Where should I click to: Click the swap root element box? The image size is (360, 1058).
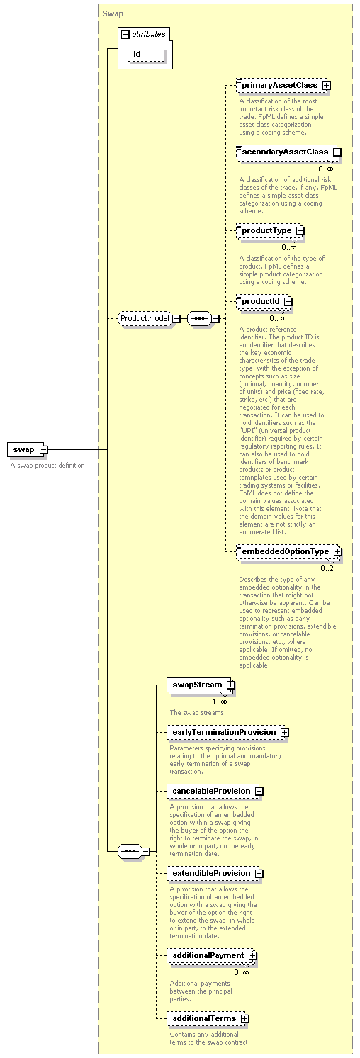pyautogui.click(x=27, y=449)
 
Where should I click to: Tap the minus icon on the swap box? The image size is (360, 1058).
pyautogui.click(x=43, y=450)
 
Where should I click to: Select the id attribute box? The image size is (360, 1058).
pyautogui.click(x=146, y=55)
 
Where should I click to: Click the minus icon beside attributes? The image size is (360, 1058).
pyautogui.click(x=125, y=35)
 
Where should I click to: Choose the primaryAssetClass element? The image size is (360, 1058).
pyautogui.click(x=281, y=86)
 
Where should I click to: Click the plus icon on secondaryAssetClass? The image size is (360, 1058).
pyautogui.click(x=337, y=152)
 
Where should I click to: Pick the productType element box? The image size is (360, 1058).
pyautogui.click(x=270, y=230)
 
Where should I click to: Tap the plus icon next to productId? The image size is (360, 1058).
pyautogui.click(x=288, y=301)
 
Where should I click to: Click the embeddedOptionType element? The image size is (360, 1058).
pyautogui.click(x=288, y=551)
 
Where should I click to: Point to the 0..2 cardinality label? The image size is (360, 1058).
pyautogui.click(x=327, y=568)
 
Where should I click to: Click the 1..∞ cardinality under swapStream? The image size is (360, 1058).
pyautogui.click(x=219, y=702)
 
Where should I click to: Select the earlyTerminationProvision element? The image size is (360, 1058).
pyautogui.click(x=227, y=733)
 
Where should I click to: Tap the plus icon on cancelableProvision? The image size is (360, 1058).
pyautogui.click(x=259, y=791)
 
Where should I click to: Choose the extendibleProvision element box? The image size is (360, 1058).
pyautogui.click(x=215, y=873)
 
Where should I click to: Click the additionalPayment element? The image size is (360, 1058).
pyautogui.click(x=211, y=955)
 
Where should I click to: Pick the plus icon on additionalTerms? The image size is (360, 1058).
pyautogui.click(x=244, y=1019)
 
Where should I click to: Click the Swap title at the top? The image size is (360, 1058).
pyautogui.click(x=113, y=13)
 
